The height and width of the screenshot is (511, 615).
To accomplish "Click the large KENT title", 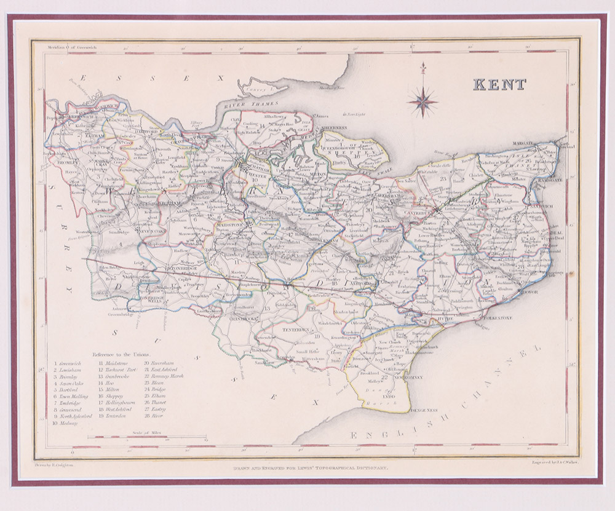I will coord(499,84).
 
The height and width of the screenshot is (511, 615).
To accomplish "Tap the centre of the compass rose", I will coord(422,101).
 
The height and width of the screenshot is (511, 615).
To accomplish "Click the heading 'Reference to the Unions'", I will coord(122,355).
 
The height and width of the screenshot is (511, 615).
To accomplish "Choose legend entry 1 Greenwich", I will coord(69,365).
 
